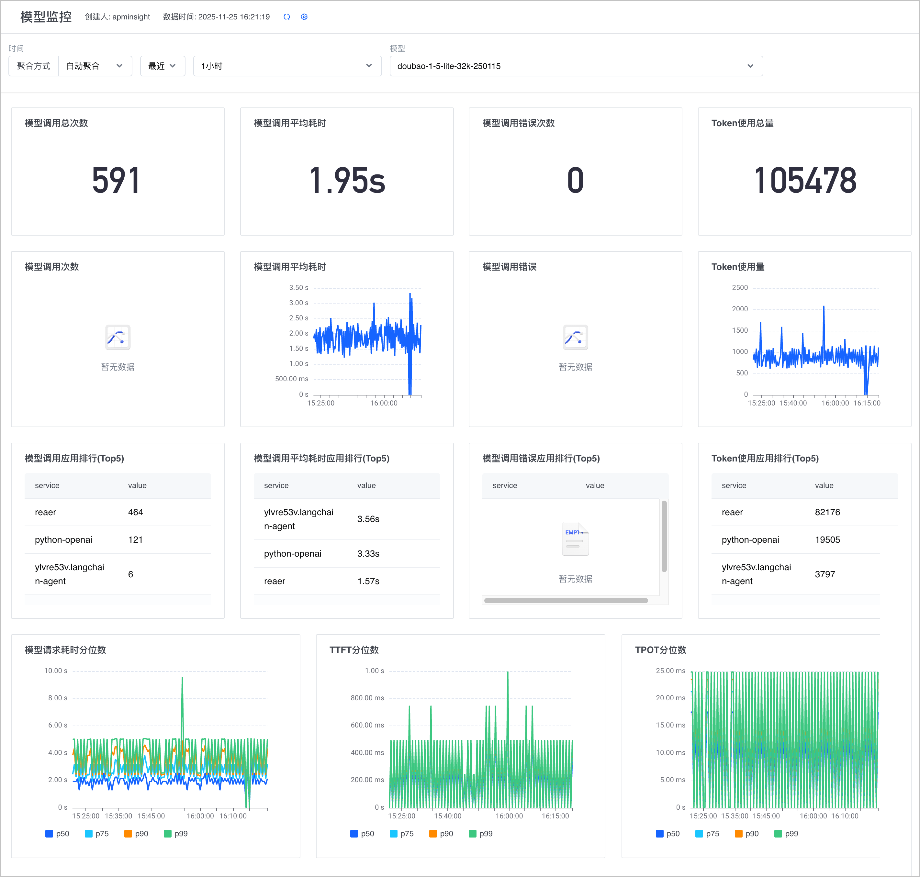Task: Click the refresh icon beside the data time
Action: [x=287, y=17]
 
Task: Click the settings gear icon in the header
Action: [x=304, y=17]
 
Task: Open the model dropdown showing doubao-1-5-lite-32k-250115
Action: [x=576, y=66]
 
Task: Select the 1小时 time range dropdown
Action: [x=287, y=66]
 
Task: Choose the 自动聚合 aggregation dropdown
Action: [x=95, y=66]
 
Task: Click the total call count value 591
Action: [x=116, y=181]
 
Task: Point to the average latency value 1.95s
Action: [x=347, y=181]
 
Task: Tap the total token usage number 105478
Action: [x=805, y=181]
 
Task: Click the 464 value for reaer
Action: [x=136, y=512]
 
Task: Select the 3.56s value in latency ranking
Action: [x=368, y=519]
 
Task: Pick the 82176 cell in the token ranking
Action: [x=827, y=512]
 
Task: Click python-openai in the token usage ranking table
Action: [x=750, y=539]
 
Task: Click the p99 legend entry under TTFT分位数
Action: [x=481, y=834]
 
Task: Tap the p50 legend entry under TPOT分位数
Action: [x=668, y=834]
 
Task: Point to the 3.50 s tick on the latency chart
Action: [x=298, y=287]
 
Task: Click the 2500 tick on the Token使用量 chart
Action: [x=740, y=287]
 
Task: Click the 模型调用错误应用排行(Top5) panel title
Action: [x=541, y=458]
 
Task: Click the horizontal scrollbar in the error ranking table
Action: [x=566, y=601]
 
